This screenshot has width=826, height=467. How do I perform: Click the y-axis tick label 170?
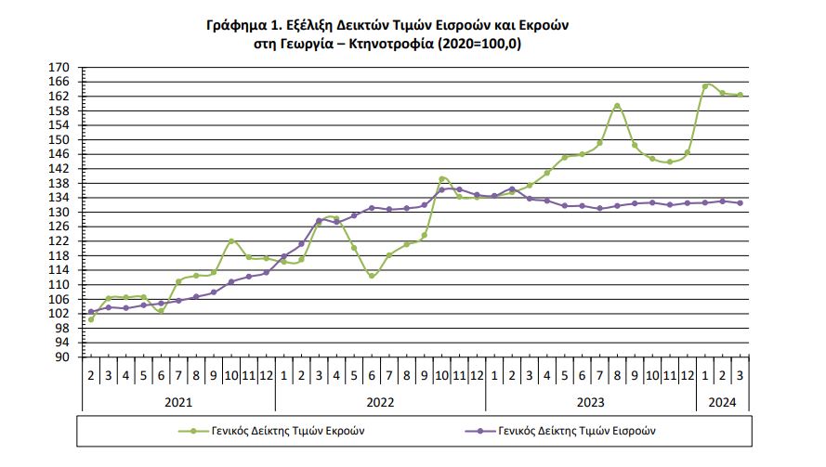(x=60, y=68)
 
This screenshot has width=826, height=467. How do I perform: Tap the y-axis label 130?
(x=60, y=212)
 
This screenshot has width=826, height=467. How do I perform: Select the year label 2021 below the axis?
(x=178, y=401)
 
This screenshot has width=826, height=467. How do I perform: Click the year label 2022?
(x=380, y=401)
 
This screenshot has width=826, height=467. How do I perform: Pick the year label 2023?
(x=591, y=401)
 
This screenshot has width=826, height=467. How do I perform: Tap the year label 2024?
(x=722, y=401)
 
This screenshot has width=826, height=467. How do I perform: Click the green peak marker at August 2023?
(x=617, y=106)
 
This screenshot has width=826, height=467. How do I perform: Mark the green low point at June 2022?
(x=372, y=276)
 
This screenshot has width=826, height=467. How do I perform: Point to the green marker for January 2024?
(x=705, y=86)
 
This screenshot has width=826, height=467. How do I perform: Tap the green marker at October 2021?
(x=231, y=241)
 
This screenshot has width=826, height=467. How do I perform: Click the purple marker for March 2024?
(x=740, y=203)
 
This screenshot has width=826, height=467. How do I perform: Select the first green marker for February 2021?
(x=91, y=319)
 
